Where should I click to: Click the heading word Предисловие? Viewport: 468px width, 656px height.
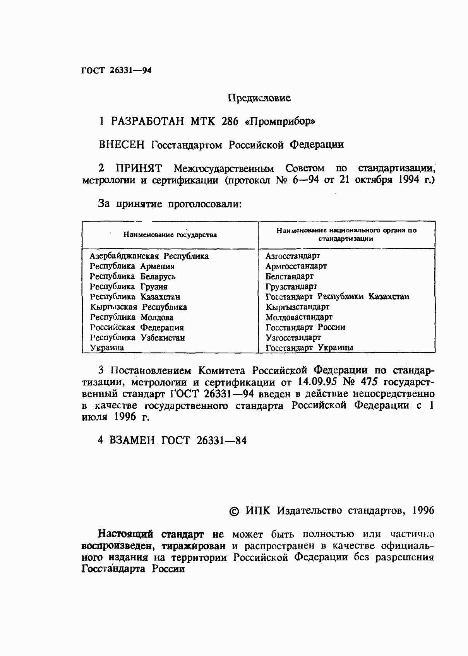coord(259,98)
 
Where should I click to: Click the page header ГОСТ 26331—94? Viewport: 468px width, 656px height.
coord(116,71)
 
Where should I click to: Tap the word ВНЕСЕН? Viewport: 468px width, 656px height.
coord(122,145)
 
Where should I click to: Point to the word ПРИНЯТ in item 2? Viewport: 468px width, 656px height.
coord(139,169)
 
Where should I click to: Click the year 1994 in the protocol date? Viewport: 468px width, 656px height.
coord(406,180)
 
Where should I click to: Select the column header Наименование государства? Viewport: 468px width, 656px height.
coord(170,235)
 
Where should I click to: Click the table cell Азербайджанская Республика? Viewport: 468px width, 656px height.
coord(149,256)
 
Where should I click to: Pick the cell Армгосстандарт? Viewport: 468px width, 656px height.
coord(296,266)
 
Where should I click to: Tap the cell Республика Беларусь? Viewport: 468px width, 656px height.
coord(132,277)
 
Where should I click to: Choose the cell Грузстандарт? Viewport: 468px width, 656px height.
coord(291,287)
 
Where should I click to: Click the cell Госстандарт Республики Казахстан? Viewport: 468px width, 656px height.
coord(337,297)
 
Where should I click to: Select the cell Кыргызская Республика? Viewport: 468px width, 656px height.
coord(138,307)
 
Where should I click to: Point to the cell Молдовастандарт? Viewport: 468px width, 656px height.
coord(298,317)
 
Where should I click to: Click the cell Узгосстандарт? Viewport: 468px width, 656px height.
coord(293,337)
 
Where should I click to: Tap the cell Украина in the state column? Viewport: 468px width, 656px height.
coord(107,348)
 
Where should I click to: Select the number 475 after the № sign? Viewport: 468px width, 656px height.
coord(370,382)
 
